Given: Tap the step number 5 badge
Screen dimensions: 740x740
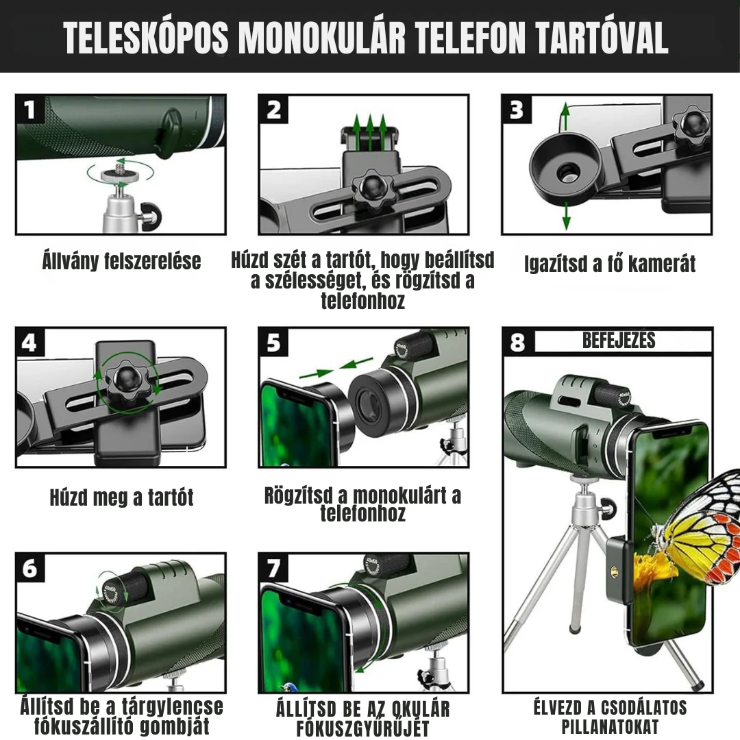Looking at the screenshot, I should point(273,343).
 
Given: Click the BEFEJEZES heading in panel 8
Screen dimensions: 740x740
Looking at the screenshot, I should point(619,341).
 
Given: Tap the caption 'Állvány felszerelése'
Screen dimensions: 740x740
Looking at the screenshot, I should point(121,261).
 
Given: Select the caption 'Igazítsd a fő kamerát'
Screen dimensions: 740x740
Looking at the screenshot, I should point(610,264).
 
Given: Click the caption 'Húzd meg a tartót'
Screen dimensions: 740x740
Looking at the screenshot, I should point(121,497).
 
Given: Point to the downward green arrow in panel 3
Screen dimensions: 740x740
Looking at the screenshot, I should point(566,217).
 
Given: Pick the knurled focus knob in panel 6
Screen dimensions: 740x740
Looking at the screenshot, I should point(125,588).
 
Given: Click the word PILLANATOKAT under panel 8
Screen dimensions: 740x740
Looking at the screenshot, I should point(610,726).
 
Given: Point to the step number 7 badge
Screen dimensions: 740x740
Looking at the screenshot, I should point(274,568).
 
